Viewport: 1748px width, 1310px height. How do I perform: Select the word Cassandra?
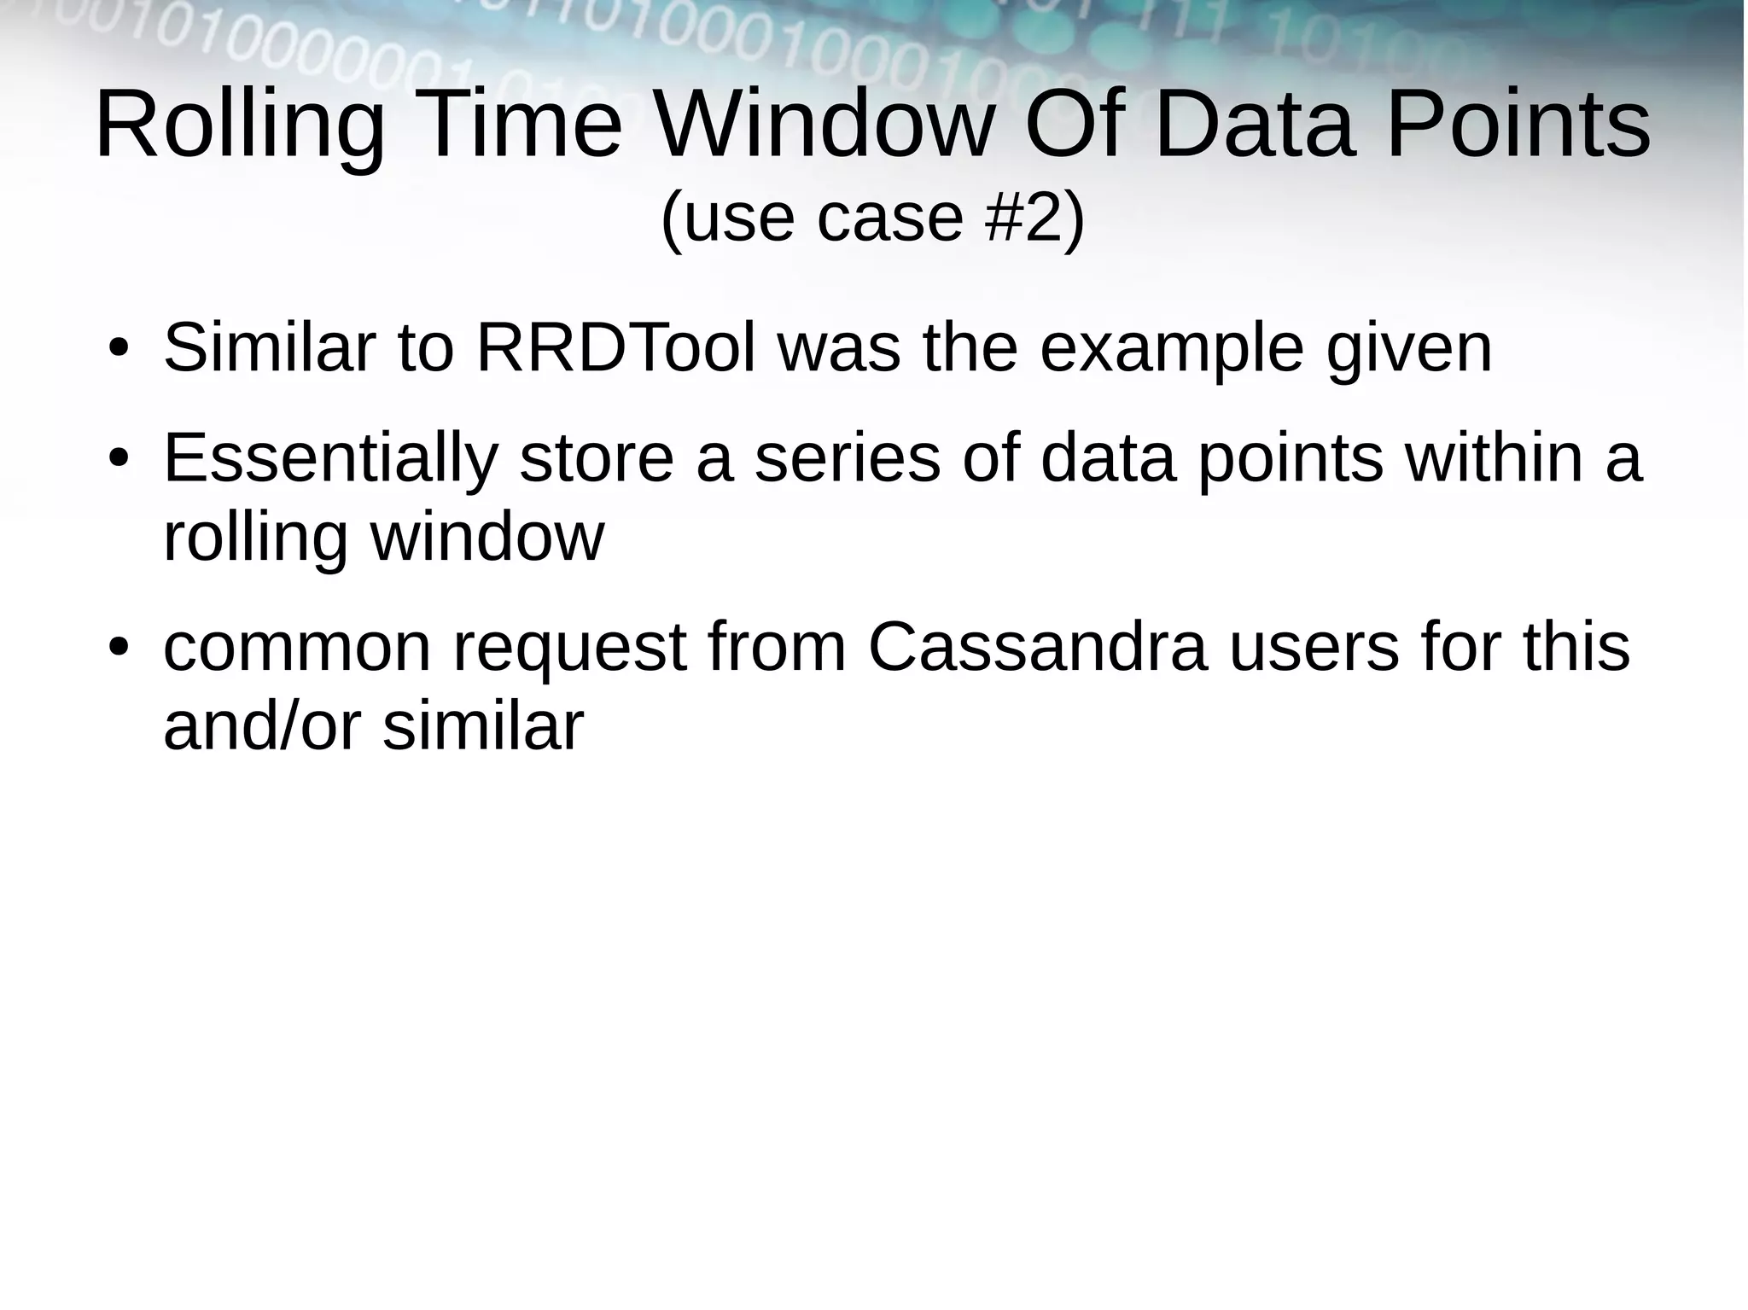coord(1038,648)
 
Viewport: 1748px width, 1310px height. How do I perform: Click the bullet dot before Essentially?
coord(118,459)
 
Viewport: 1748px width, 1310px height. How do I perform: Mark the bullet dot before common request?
coord(118,649)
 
